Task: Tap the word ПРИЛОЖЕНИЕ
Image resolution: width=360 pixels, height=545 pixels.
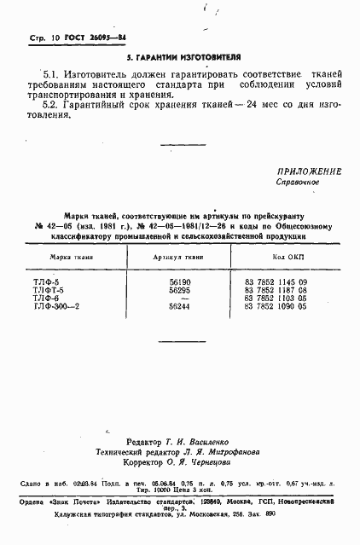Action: click(308, 171)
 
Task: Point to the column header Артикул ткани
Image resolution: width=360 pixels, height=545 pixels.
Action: click(178, 256)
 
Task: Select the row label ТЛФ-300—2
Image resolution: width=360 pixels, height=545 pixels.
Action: click(78, 306)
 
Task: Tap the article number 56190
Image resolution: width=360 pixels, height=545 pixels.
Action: click(180, 281)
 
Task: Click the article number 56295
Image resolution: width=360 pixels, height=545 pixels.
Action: click(180, 290)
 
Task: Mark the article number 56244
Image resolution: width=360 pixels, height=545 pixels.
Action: click(180, 306)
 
